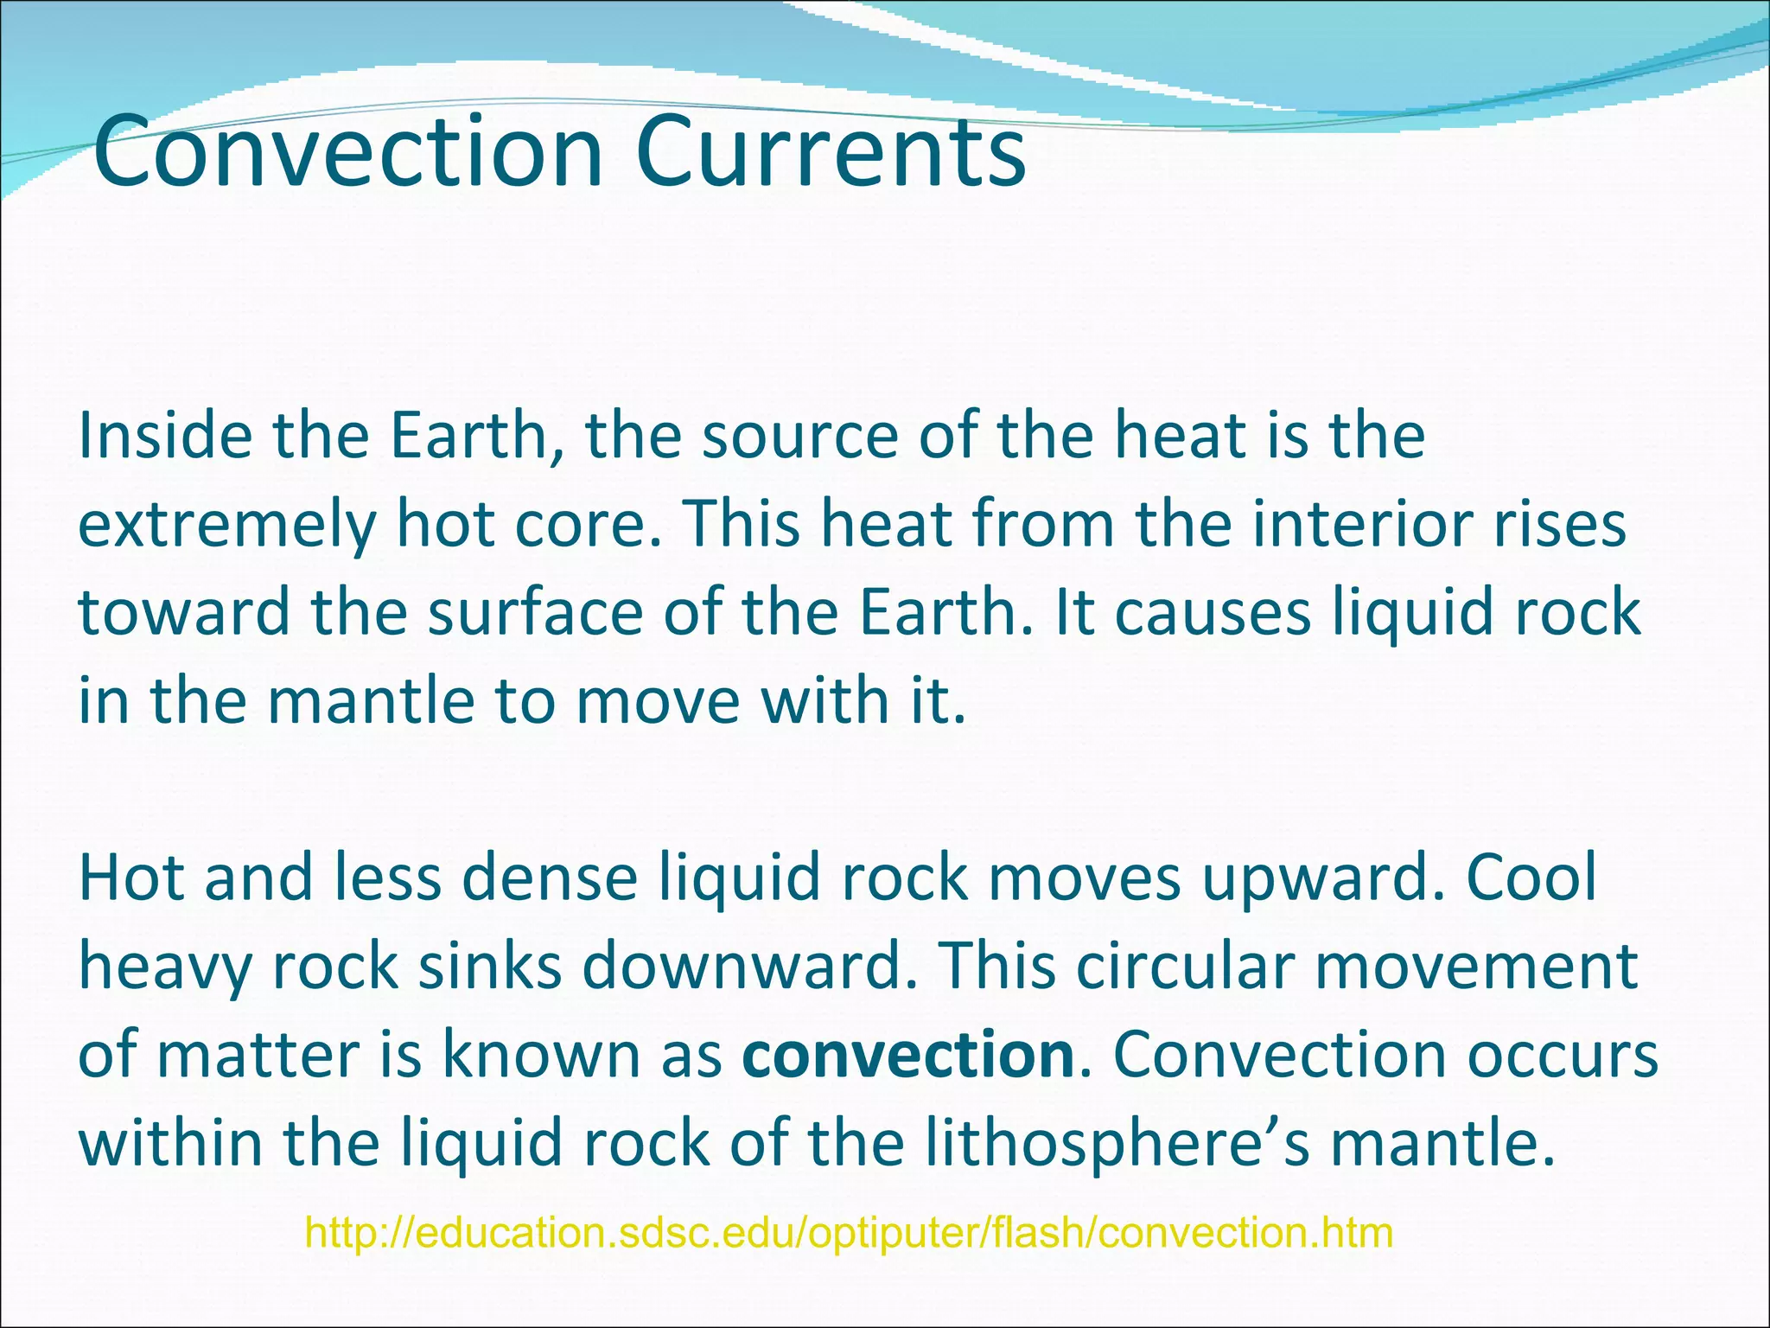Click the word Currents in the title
(830, 154)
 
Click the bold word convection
(907, 1055)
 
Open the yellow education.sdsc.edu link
(850, 1233)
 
